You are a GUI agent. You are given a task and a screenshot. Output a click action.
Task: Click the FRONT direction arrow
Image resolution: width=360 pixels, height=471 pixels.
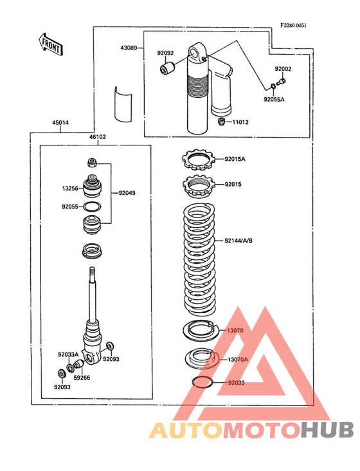coord(51,44)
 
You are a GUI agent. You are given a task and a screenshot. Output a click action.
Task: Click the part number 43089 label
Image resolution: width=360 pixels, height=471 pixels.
coord(129,48)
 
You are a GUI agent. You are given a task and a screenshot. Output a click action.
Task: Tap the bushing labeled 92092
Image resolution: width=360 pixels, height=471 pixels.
coord(167,68)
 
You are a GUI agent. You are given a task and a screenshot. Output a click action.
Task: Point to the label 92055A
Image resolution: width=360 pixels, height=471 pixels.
coord(274,100)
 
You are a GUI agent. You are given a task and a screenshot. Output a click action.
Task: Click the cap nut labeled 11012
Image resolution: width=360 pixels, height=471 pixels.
coord(221,122)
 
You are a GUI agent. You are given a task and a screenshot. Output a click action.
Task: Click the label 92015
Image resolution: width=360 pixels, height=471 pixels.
coord(233,185)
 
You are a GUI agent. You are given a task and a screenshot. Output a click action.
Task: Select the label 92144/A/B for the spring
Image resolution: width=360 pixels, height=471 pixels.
coord(239,241)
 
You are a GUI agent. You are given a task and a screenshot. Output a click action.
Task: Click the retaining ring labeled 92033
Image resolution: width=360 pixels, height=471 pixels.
coord(203,382)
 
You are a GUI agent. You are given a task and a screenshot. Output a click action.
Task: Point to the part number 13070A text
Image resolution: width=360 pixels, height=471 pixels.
coord(238,360)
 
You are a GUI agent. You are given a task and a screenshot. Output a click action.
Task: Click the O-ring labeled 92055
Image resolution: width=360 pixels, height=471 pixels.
coord(92,207)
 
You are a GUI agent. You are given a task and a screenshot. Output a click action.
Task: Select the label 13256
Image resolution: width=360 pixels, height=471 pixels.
coord(70,189)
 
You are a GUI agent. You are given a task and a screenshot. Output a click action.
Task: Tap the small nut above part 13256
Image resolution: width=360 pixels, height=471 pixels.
coord(92,163)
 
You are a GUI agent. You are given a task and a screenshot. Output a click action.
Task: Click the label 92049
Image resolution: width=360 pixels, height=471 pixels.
coord(127,193)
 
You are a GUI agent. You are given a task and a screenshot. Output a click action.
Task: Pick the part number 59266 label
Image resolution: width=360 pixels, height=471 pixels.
coord(82,378)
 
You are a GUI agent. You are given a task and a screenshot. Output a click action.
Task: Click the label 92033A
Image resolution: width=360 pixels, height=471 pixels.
coord(68,355)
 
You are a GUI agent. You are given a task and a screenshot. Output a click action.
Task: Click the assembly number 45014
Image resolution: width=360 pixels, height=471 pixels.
coord(60,122)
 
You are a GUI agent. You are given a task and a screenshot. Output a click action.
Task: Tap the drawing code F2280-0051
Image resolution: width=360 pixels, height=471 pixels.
coord(293,26)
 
